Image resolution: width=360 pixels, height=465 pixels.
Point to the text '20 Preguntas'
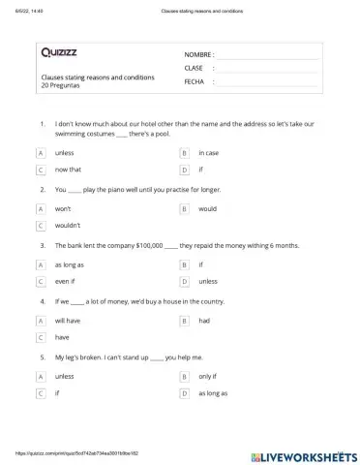[x=62, y=85]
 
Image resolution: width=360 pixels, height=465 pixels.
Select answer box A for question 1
[x=41, y=153]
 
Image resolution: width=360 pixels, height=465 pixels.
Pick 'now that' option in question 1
[x=68, y=170]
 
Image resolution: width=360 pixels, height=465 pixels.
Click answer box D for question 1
[x=184, y=170]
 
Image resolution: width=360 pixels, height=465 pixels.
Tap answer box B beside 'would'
[x=184, y=208]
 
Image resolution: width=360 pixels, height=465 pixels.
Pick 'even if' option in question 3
[x=66, y=281]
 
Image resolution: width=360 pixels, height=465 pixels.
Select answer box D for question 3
[x=184, y=281]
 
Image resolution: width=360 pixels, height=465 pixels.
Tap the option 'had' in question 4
[x=204, y=320]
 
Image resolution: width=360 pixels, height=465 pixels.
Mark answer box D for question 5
[x=184, y=393]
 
